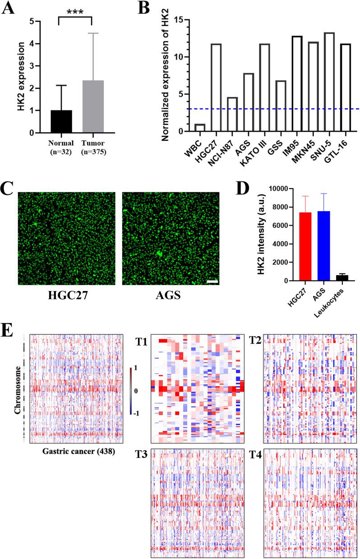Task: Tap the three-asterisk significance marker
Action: point(76,11)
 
